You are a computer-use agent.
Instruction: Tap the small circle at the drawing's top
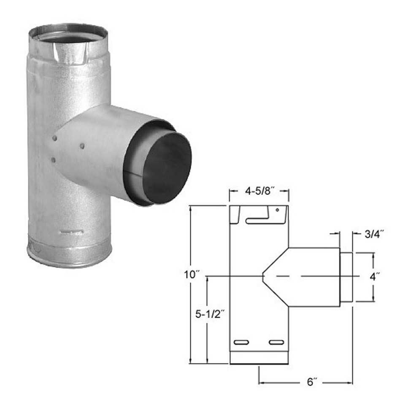(277, 210)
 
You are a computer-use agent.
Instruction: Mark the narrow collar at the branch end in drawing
(346, 277)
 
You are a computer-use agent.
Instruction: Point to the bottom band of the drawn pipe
(259, 357)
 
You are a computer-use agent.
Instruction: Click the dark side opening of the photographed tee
(167, 168)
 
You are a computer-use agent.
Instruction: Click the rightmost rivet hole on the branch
(82, 146)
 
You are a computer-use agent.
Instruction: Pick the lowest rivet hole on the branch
(53, 159)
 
